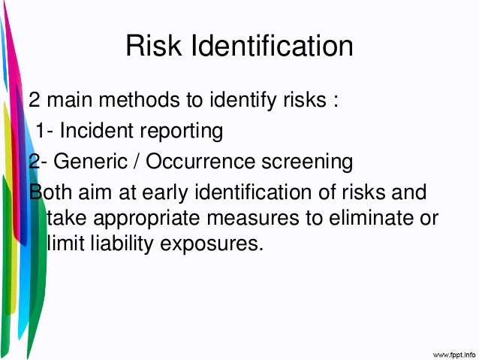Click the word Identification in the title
click(x=270, y=47)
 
